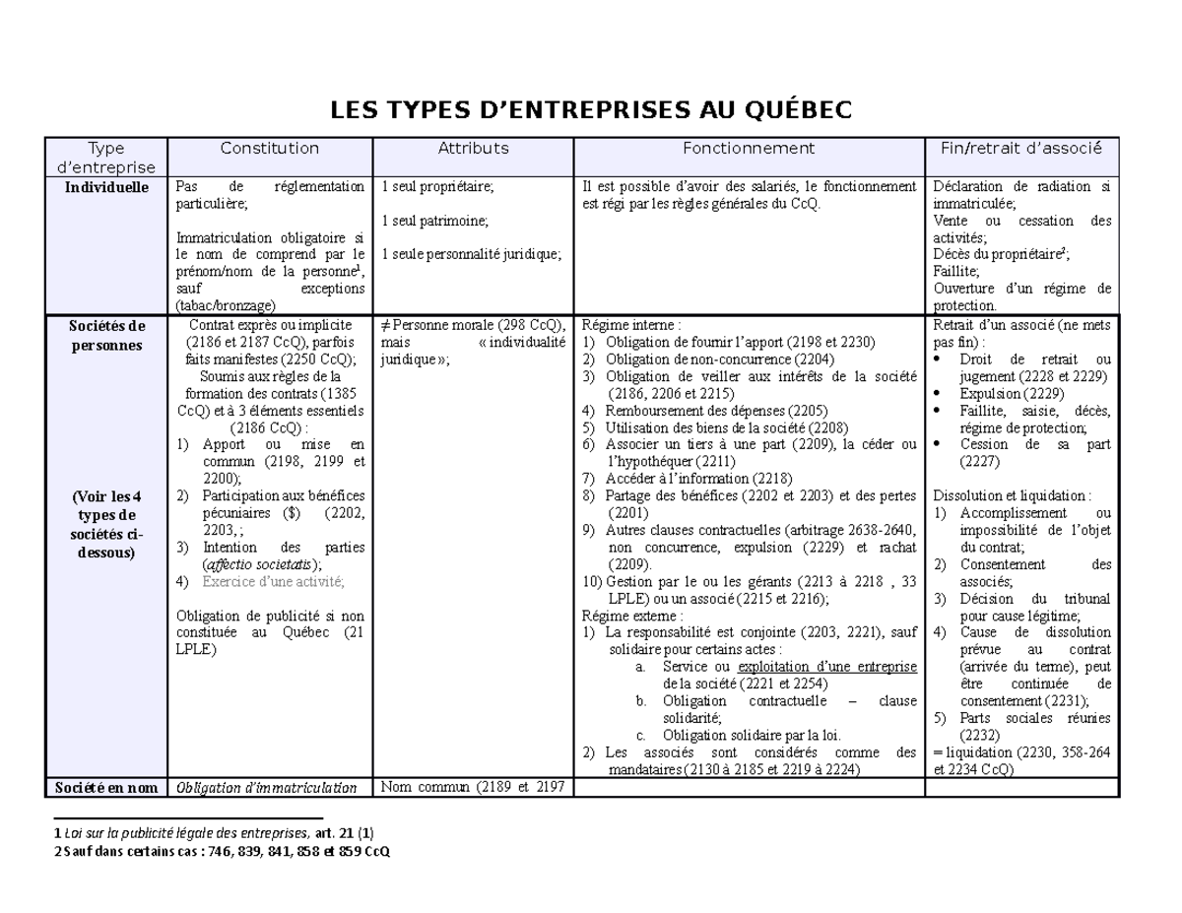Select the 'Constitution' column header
(x=269, y=149)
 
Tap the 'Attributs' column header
(x=473, y=149)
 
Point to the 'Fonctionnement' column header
(x=749, y=149)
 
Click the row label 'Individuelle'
(x=109, y=186)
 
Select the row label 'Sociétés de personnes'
(x=109, y=335)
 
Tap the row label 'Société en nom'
(x=109, y=787)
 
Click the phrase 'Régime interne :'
(x=631, y=325)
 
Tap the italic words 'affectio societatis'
(x=259, y=564)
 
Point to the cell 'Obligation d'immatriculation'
(x=266, y=787)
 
